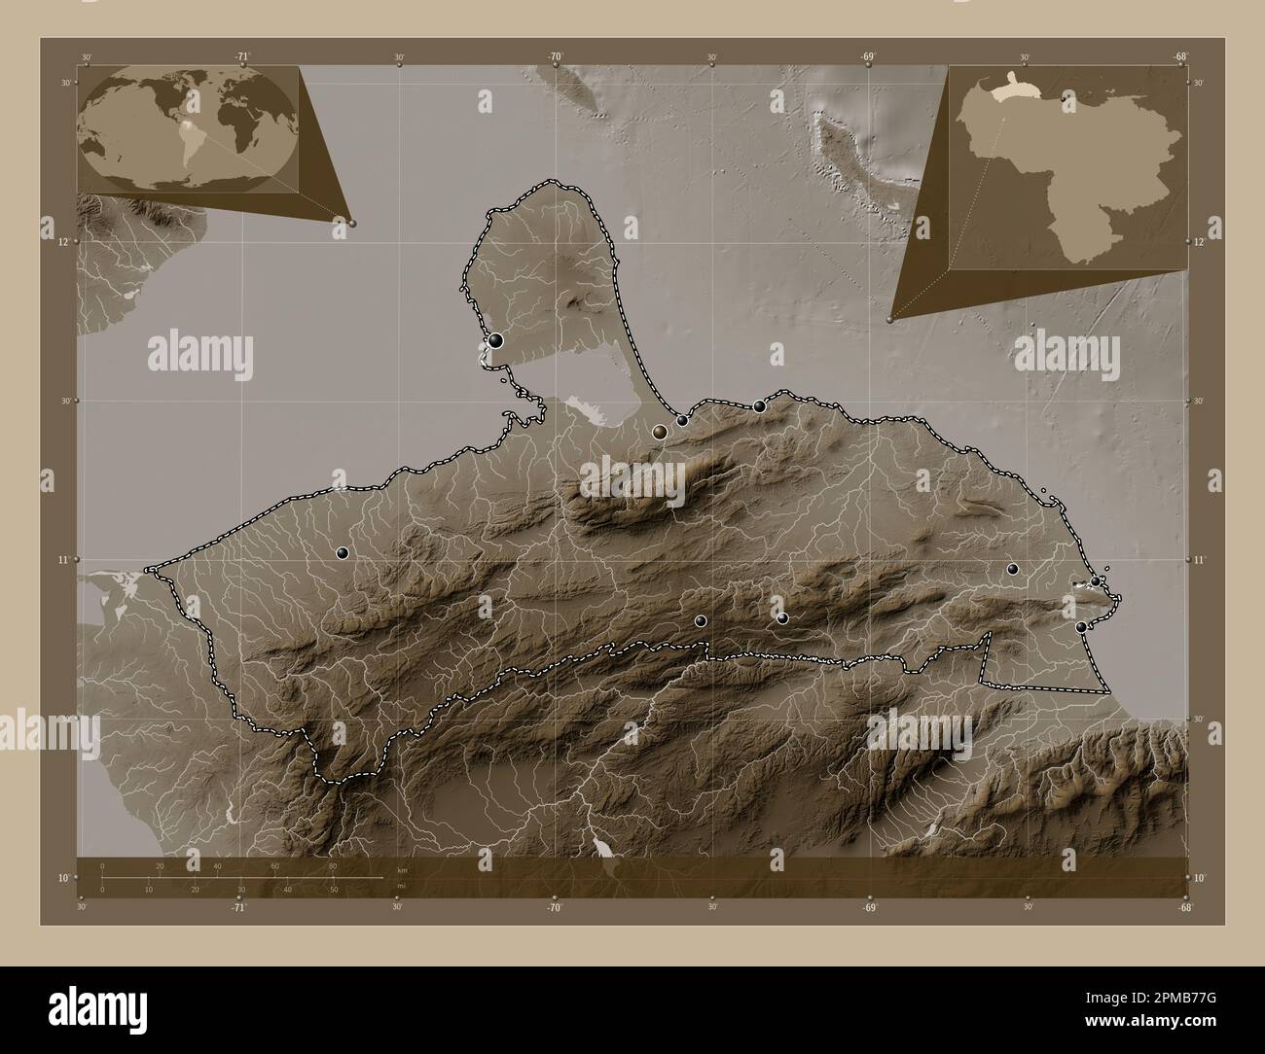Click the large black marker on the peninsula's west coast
496,340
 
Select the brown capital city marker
660,432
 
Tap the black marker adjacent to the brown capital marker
683,421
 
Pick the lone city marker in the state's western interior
342,553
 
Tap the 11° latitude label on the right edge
1199,561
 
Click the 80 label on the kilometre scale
333,865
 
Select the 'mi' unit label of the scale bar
402,886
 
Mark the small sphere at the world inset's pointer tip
352,223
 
